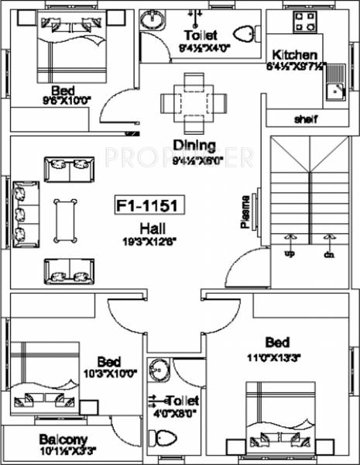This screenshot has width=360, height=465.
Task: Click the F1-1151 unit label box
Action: [146, 208]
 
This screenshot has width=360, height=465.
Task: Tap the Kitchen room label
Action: [293, 55]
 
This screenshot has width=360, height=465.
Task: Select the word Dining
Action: [188, 143]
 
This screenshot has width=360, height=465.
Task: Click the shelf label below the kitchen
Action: [308, 119]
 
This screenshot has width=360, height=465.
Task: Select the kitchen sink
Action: [335, 91]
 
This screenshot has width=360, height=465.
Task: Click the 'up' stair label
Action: [290, 253]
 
